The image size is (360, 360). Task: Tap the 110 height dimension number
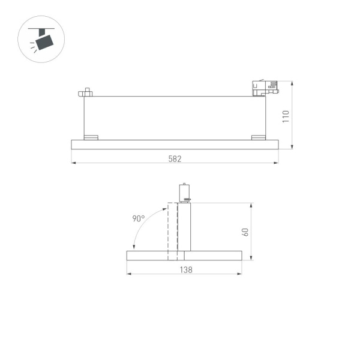pos(286,116)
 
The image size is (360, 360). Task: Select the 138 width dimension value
pos(186,270)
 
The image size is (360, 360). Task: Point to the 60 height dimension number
pos(245,232)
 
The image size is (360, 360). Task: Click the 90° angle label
pos(139,219)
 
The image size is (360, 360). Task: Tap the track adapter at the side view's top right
pos(264,89)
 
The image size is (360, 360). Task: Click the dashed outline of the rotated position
pos(172,231)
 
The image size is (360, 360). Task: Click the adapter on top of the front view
pos(185,192)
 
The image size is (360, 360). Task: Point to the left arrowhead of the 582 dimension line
pos(73,163)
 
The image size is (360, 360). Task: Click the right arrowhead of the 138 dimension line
pos(240,274)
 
